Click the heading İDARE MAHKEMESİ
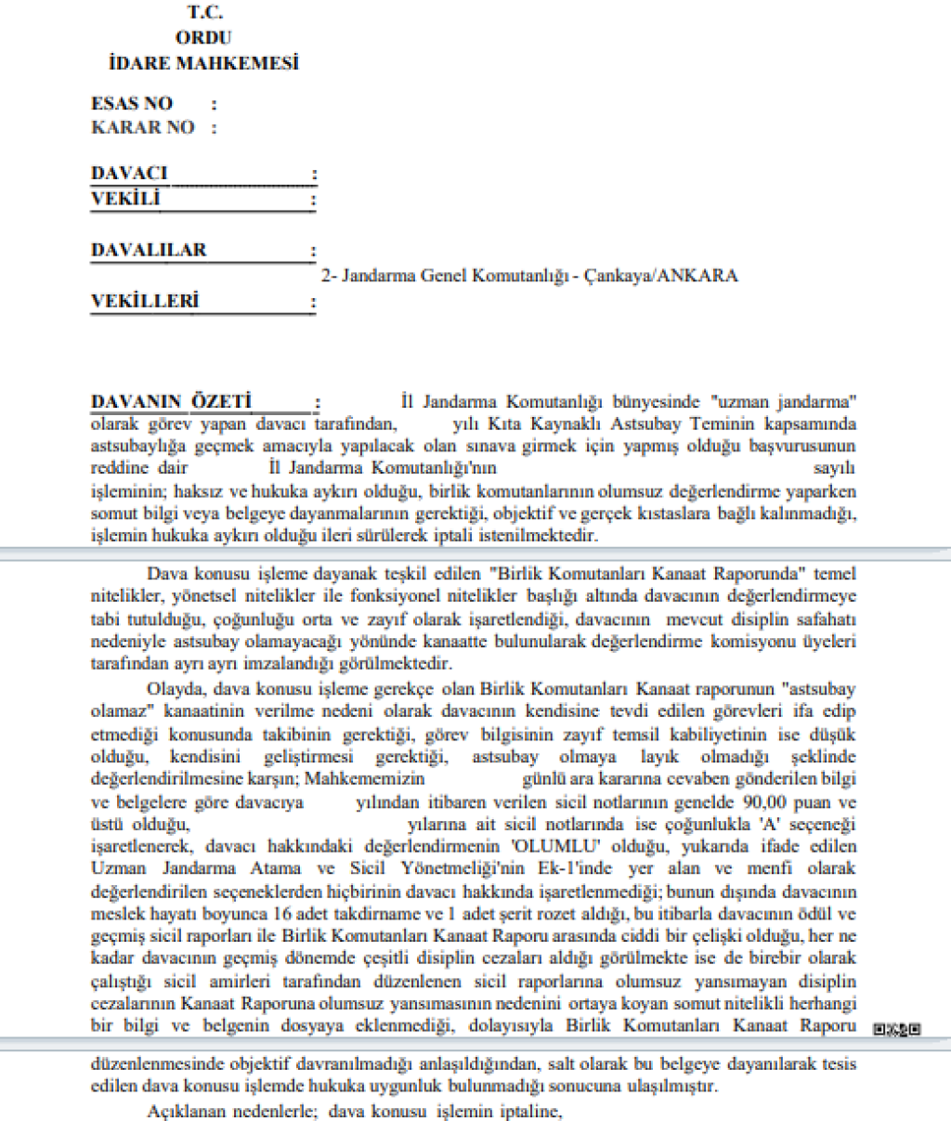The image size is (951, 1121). (203, 64)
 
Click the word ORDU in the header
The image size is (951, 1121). (203, 38)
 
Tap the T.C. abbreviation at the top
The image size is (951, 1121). (204, 13)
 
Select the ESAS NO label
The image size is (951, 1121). (132, 103)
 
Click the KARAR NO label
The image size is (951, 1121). (142, 127)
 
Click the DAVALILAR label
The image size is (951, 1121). (149, 250)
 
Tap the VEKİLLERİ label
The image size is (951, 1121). (145, 301)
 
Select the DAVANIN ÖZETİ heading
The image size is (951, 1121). (171, 402)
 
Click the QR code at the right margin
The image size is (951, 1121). (897, 1029)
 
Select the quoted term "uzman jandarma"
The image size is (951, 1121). (782, 402)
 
